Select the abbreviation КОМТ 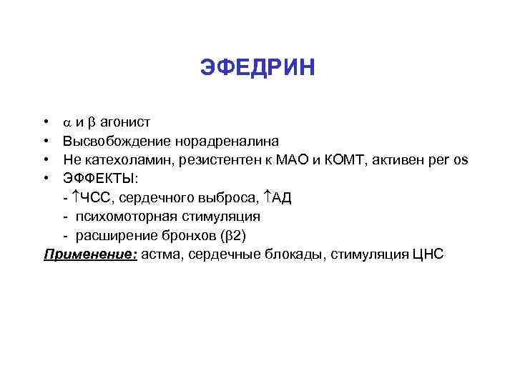coord(336,159)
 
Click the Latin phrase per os coord(446,159)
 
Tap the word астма coord(162,253)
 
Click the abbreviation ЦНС coord(428,253)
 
